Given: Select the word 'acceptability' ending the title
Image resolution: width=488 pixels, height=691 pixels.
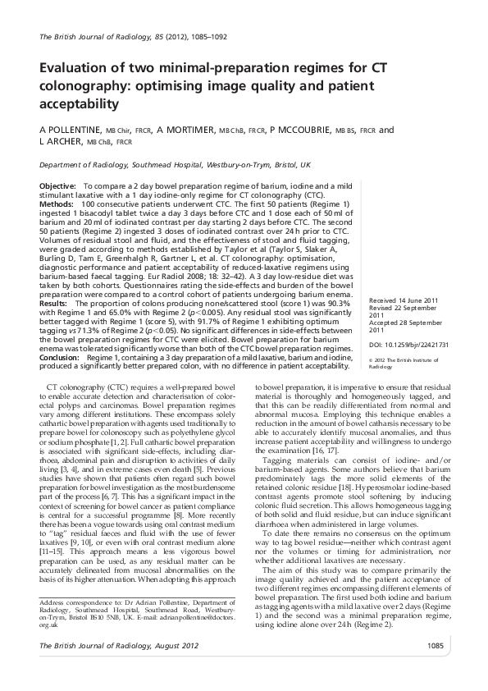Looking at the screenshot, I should click(x=80, y=105).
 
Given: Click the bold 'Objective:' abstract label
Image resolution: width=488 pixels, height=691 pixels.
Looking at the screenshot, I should click(x=58, y=188).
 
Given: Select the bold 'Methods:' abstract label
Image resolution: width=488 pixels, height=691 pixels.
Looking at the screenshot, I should click(x=57, y=202).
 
